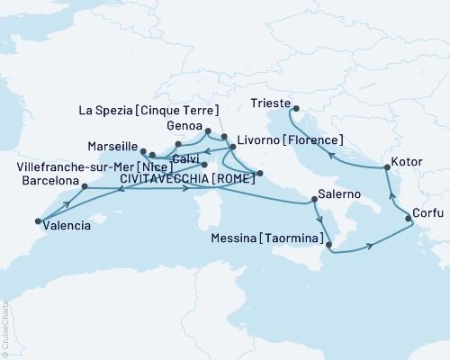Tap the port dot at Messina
coord(328,244)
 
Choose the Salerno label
coord(338,195)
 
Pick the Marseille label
coord(112,146)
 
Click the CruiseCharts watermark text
coord(6,336)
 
